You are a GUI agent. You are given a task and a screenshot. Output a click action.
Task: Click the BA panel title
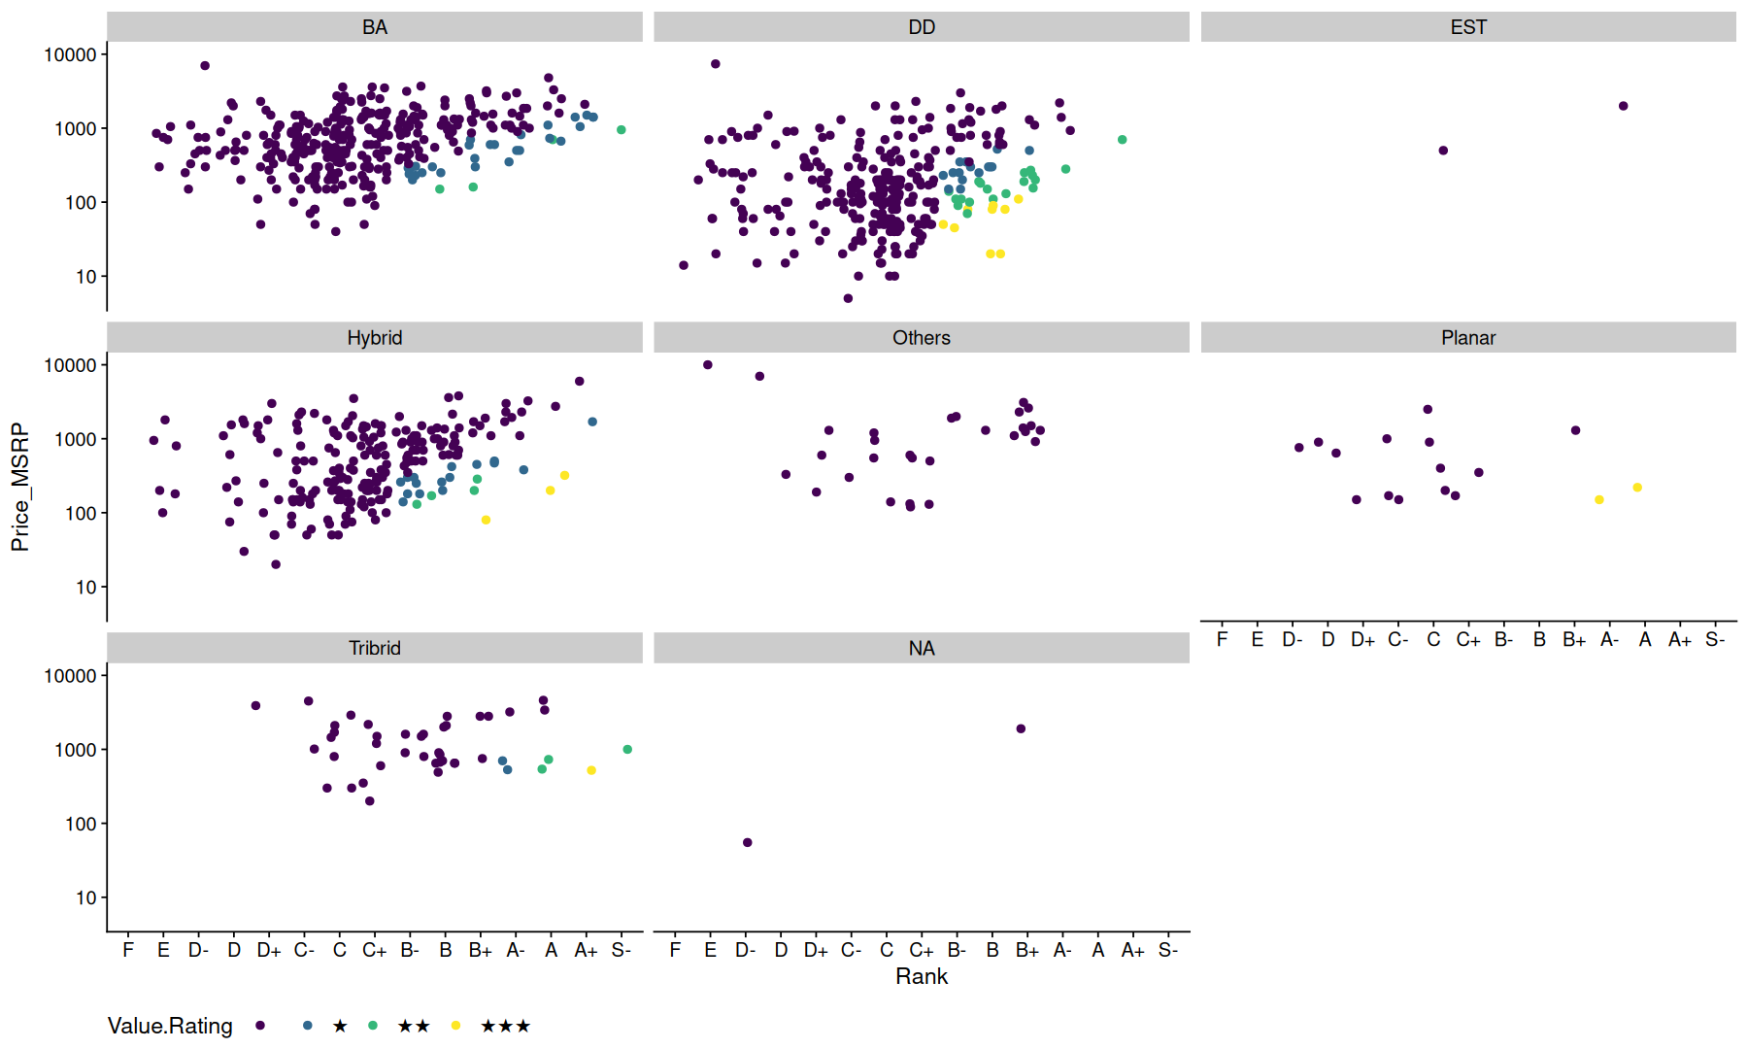pyautogui.click(x=375, y=27)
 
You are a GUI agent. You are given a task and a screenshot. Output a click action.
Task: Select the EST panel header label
pyautogui.click(x=1468, y=27)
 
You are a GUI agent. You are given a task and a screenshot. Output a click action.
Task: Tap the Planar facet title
pyautogui.click(x=1468, y=338)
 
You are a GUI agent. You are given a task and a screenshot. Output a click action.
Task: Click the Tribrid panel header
pyautogui.click(x=375, y=648)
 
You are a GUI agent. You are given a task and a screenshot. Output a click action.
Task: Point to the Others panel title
pyautogui.click(x=922, y=338)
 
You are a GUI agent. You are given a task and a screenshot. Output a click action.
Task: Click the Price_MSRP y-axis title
pyautogui.click(x=20, y=488)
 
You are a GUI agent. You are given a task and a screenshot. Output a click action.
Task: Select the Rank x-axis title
pyautogui.click(x=922, y=976)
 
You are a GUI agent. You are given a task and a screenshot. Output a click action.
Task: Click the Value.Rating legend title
pyautogui.click(x=170, y=1026)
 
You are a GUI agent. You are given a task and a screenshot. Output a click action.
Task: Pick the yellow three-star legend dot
pyautogui.click(x=455, y=1026)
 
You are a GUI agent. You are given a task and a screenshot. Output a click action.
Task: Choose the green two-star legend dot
pyautogui.click(x=373, y=1026)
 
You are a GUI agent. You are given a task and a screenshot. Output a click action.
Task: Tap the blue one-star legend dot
pyautogui.click(x=308, y=1026)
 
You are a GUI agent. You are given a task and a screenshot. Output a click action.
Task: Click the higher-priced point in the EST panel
pyautogui.click(x=1623, y=106)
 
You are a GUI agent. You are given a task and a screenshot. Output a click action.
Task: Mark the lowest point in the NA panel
pyautogui.click(x=747, y=842)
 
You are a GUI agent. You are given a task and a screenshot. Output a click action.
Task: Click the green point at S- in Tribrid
pyautogui.click(x=627, y=749)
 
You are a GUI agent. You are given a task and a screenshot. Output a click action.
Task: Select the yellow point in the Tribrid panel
pyautogui.click(x=591, y=770)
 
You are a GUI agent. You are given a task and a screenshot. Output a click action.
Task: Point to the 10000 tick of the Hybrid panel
pyautogui.click(x=71, y=365)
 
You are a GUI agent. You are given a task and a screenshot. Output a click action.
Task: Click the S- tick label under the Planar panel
pyautogui.click(x=1715, y=639)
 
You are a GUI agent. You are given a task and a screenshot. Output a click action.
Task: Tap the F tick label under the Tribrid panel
pyautogui.click(x=128, y=950)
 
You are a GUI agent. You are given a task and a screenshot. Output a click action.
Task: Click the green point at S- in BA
pyautogui.click(x=622, y=129)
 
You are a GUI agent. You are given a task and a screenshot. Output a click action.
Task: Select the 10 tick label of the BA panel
pyautogui.click(x=86, y=277)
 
